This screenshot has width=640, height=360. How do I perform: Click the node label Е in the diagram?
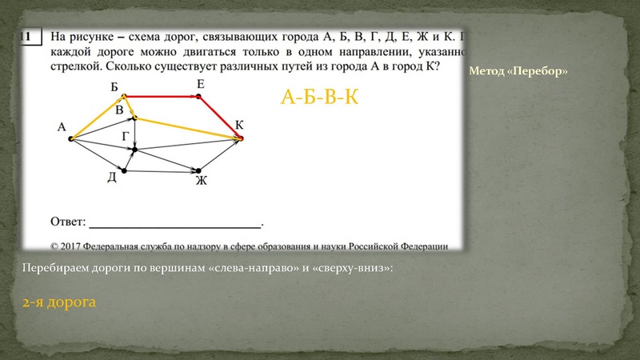tap(200, 84)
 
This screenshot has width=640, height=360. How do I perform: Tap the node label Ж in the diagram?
tap(201, 181)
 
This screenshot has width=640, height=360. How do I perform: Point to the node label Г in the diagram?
tap(126, 136)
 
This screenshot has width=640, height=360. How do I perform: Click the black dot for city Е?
tap(200, 96)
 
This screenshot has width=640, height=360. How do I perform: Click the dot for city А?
tap(71, 139)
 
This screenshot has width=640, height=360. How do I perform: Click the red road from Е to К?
tap(221, 118)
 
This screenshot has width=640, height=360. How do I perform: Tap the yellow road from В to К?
tap(188, 128)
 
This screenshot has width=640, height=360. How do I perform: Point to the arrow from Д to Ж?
tap(160, 168)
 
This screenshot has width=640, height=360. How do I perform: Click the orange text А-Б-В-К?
tap(318, 98)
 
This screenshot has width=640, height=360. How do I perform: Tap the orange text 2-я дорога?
tap(60, 302)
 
